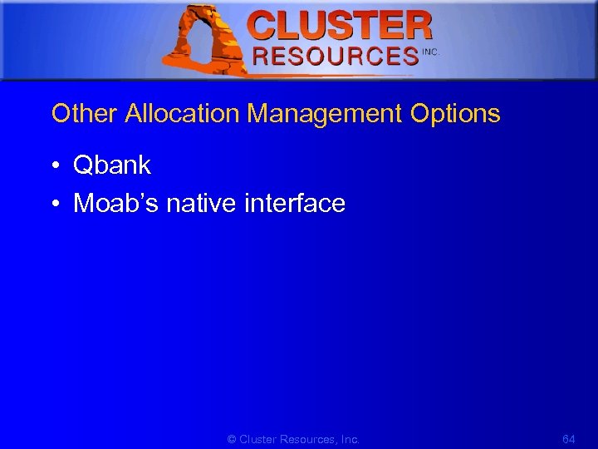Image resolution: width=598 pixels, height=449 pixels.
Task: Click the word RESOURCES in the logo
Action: point(335,57)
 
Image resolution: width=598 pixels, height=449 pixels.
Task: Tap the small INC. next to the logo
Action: point(430,52)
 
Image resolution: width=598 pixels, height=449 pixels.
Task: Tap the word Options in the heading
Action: point(455,114)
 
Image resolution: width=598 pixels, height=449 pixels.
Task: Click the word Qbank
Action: point(112,165)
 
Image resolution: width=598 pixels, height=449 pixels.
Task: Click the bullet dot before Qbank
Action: point(55,166)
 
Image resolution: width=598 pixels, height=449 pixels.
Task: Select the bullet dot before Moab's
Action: point(55,204)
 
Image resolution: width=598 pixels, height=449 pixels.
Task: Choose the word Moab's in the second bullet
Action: point(116,203)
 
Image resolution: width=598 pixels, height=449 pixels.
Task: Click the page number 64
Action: point(569,439)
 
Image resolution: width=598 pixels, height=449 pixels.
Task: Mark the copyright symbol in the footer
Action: point(232,439)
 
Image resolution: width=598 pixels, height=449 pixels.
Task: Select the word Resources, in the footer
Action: point(309,439)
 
